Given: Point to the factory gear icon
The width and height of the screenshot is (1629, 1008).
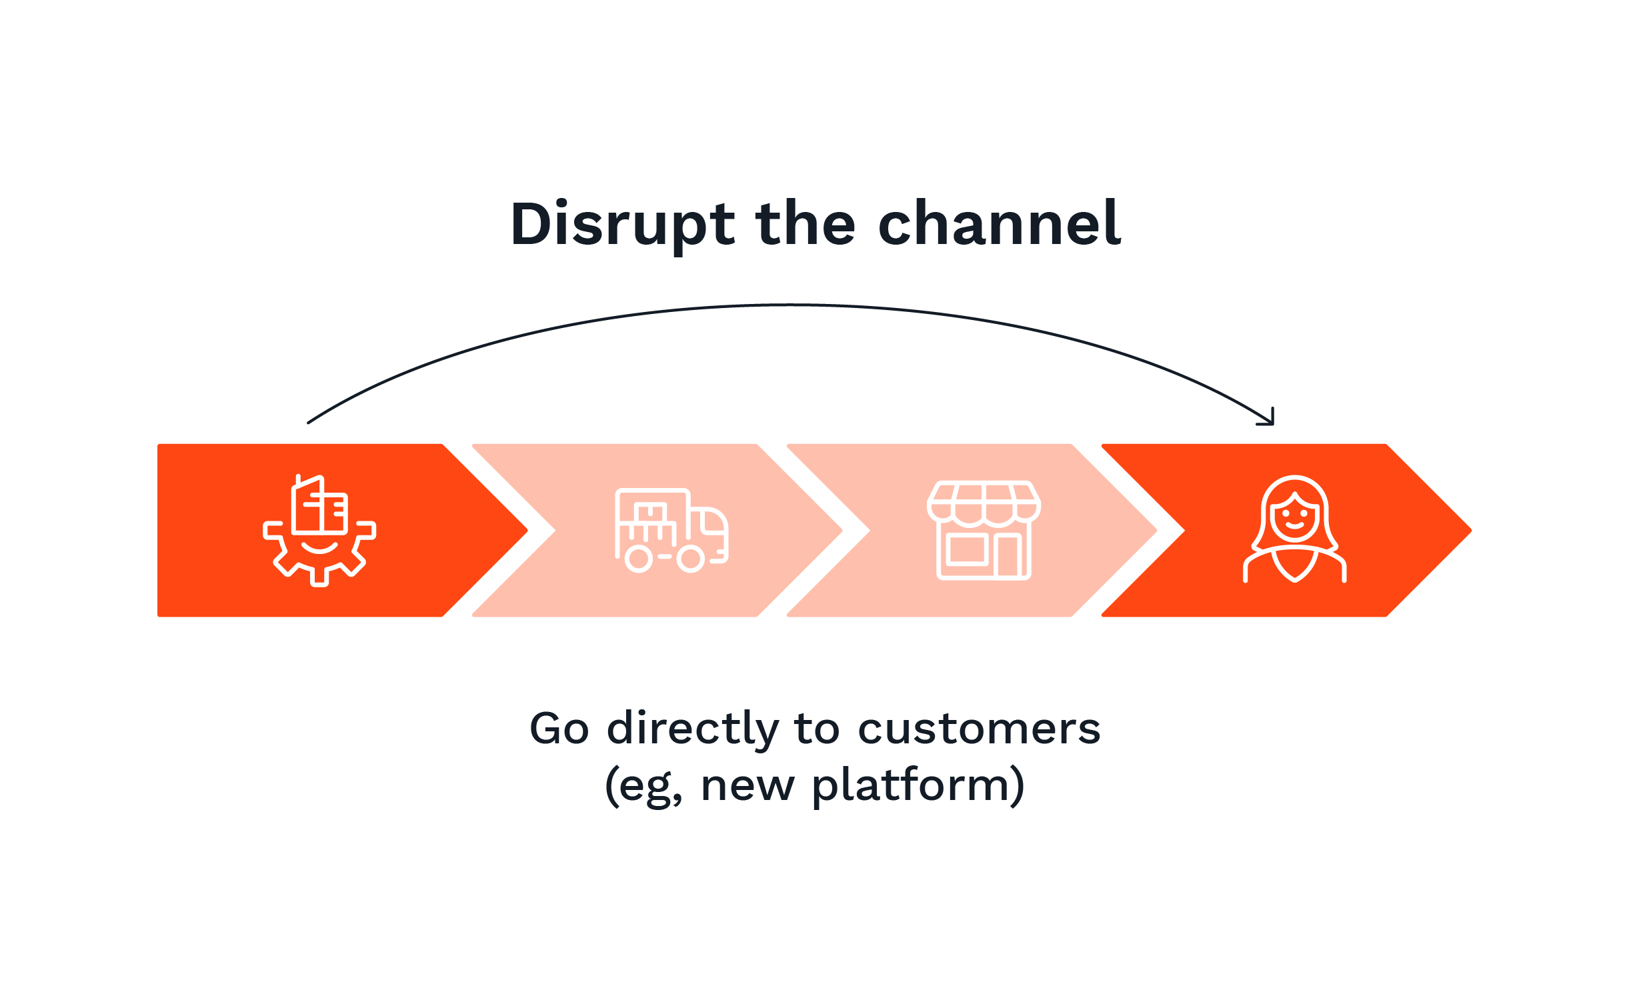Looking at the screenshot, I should pos(319,531).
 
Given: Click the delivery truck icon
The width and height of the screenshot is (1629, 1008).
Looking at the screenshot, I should pos(671,531).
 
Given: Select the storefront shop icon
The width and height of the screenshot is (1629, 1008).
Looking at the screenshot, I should pos(984,531).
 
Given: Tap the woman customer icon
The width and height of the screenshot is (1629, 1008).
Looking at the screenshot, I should pos(1294,529).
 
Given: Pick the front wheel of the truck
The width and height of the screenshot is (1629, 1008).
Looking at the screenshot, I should pos(691,559).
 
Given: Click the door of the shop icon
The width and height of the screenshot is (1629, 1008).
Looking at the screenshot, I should pos(1008,555).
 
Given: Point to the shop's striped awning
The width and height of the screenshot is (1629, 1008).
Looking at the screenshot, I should pos(984,503).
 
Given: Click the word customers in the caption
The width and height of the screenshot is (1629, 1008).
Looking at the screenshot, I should pos(979,729).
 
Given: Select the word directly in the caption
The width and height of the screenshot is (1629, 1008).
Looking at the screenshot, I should pos(692,730).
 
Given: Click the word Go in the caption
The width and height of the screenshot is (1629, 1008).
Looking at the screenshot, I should pos(559,729).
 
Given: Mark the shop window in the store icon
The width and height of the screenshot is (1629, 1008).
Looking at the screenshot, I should pos(966,550).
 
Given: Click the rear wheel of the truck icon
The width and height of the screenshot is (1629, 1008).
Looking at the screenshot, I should pos(639,559).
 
